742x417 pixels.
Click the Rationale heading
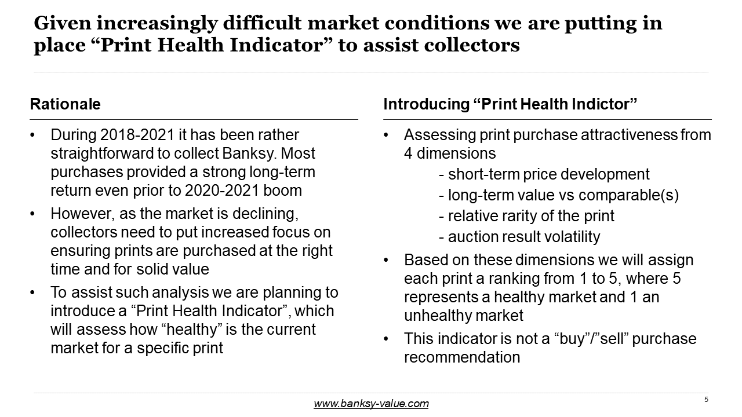[x=66, y=104]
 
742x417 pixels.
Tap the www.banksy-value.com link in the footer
[x=371, y=404]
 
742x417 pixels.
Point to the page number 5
[x=706, y=400]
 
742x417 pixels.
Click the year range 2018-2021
[x=137, y=135]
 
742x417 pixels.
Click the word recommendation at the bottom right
[x=462, y=357]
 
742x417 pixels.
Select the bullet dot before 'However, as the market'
[x=32, y=214]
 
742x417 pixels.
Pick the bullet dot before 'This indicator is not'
[x=385, y=339]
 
